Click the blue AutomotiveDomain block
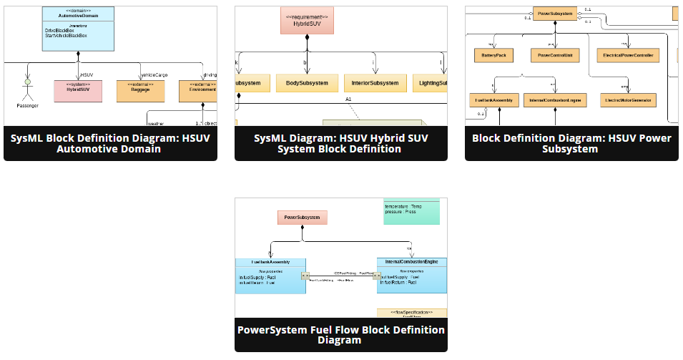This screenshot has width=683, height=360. [78, 29]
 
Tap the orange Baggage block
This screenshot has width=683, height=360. [140, 89]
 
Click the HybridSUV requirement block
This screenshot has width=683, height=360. [308, 21]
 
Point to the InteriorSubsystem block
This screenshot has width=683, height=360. [375, 83]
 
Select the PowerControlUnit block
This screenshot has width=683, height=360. [554, 54]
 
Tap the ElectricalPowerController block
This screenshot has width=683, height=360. [629, 54]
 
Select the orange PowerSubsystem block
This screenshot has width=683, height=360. [554, 13]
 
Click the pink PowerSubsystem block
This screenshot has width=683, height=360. [302, 217]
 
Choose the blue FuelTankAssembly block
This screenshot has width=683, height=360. [270, 276]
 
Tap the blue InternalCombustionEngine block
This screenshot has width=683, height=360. [411, 276]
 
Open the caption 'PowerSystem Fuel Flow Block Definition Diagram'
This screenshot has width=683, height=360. [341, 335]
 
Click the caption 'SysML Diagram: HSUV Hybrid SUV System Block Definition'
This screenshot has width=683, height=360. [341, 143]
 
